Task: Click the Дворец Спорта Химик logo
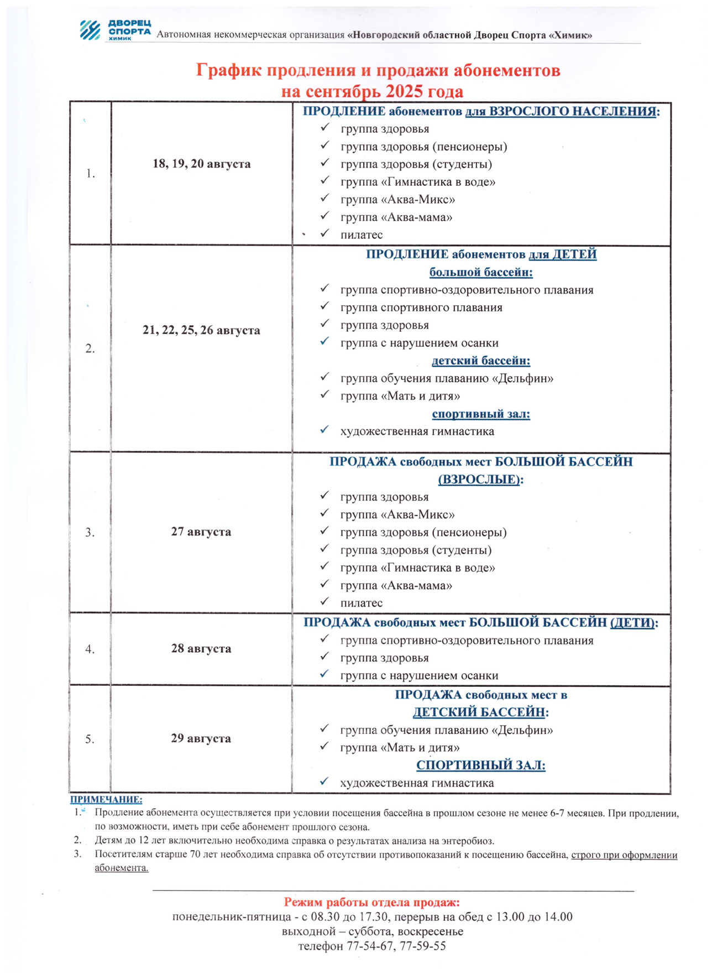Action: pos(114,30)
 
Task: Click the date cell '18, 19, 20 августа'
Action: pos(201,164)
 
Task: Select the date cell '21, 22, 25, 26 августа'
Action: pos(201,330)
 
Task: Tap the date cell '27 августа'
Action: pos(201,532)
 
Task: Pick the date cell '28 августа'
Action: pos(201,648)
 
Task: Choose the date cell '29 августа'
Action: pos(201,738)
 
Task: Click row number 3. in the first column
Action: pos(90,532)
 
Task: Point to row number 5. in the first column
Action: pos(90,739)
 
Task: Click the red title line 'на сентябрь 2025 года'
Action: pos(371,91)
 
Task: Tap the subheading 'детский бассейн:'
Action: pos(480,361)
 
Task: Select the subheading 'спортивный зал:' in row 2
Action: pos(480,414)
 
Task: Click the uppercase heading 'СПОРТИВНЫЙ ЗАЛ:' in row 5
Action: pos(480,765)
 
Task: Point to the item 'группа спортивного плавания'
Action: pos(421,308)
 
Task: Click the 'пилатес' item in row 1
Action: pos(362,235)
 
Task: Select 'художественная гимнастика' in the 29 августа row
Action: pos(417,783)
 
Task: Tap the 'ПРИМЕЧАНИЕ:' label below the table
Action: pos(106,799)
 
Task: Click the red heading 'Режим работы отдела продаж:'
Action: pos(371,903)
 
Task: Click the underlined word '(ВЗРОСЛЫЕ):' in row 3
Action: pos(480,479)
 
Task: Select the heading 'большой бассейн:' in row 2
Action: pos(480,272)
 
